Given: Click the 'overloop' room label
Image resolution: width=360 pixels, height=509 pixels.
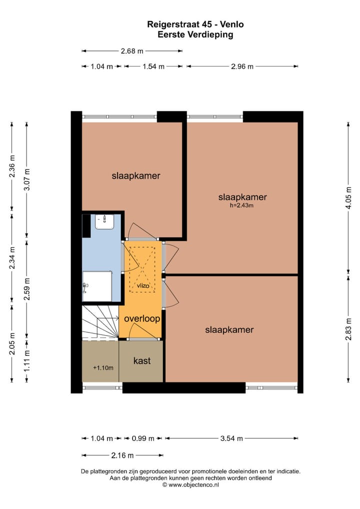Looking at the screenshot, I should [142, 318].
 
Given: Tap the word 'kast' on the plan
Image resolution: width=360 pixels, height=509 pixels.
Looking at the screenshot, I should [141, 360].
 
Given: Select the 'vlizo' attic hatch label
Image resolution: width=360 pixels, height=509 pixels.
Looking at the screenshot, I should [143, 285].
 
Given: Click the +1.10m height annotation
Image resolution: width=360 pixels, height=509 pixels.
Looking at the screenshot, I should [103, 368].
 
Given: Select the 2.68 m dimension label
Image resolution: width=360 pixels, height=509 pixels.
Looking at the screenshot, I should [132, 51].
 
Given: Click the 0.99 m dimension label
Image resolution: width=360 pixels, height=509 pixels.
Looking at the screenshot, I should [142, 438].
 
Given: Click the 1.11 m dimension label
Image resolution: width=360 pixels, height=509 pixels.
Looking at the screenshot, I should [27, 360].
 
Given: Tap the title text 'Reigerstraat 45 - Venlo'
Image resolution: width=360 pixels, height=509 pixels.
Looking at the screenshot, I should [195, 24].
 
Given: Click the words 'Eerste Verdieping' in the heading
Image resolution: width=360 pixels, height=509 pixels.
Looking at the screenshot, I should [195, 34].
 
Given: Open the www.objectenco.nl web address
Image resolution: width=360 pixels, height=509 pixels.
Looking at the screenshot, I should [193, 484].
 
